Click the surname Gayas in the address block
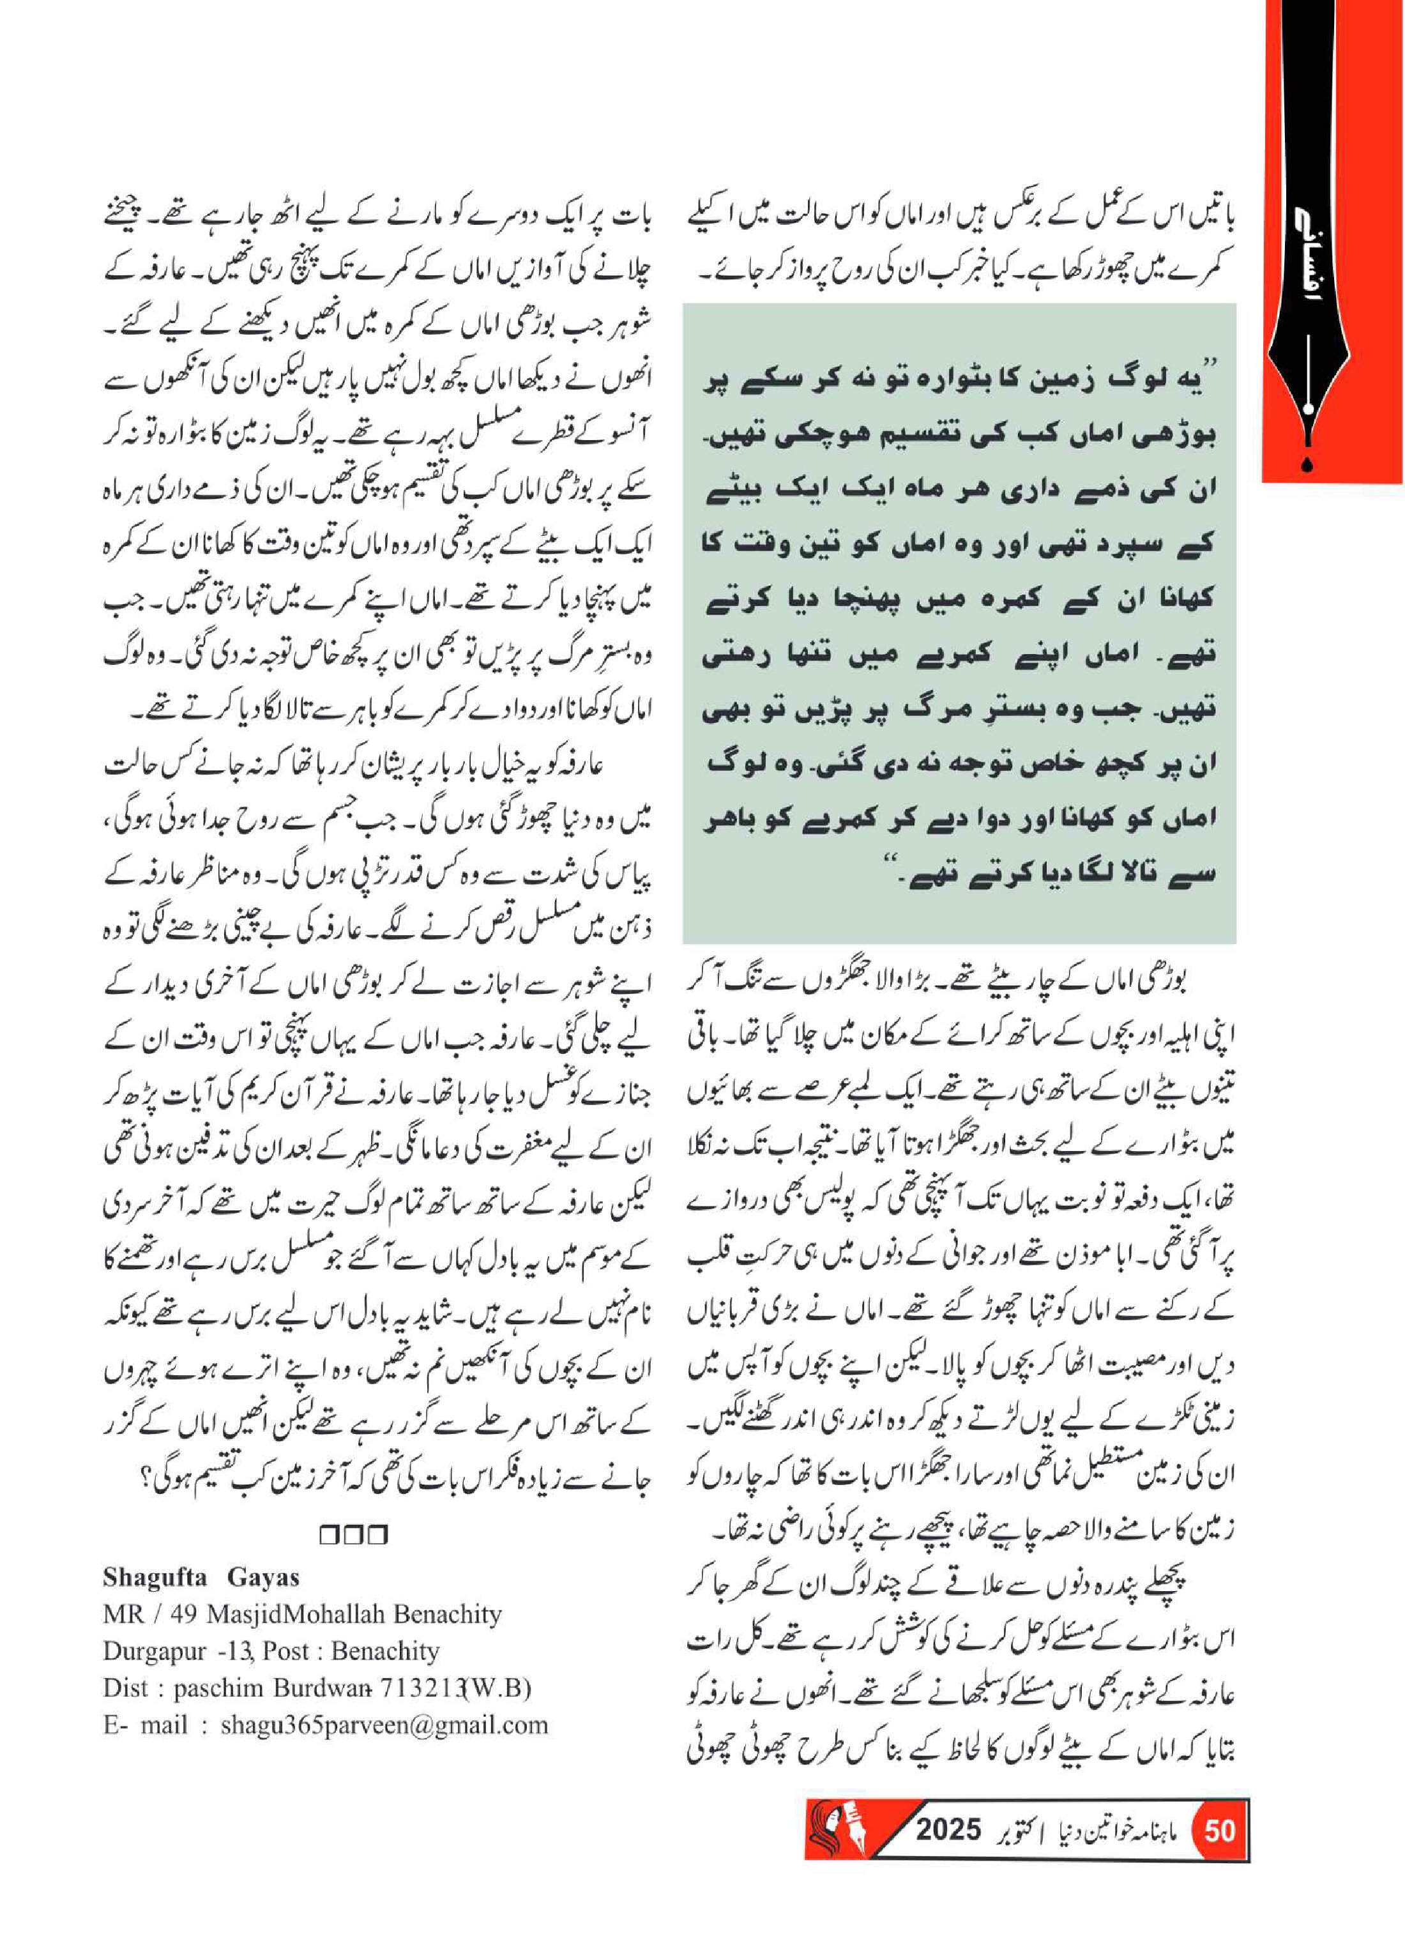[263, 1578]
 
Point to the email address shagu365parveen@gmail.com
[384, 1725]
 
